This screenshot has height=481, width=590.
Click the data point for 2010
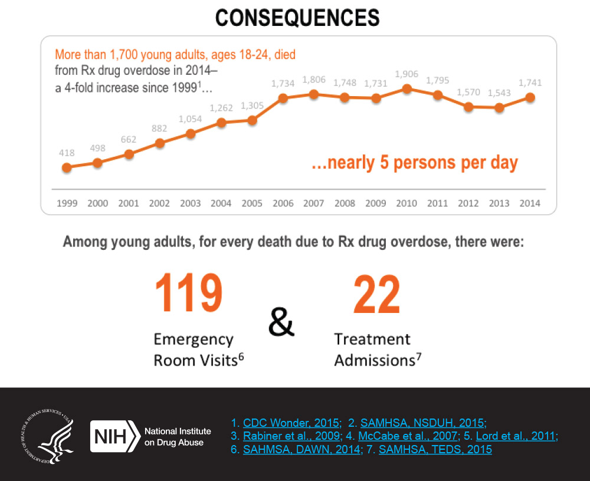coord(407,88)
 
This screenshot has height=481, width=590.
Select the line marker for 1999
coord(67,167)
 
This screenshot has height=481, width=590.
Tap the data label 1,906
coord(406,74)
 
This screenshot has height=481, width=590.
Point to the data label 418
coord(67,153)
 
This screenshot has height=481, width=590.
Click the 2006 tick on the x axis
coord(283,203)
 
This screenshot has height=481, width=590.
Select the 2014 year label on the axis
coord(530,203)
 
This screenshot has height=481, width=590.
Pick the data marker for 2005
coord(253,120)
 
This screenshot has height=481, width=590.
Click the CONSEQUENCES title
coord(297,18)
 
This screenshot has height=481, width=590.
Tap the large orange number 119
coord(189,293)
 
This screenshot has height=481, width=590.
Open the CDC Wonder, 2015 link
coord(292,423)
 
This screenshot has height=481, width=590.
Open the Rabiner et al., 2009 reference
coord(292,436)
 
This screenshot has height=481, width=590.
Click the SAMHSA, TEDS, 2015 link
coord(435,450)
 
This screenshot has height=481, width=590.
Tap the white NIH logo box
coord(113,436)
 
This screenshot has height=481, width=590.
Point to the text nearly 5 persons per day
coord(414,162)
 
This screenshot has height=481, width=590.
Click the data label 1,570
coord(468,93)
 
